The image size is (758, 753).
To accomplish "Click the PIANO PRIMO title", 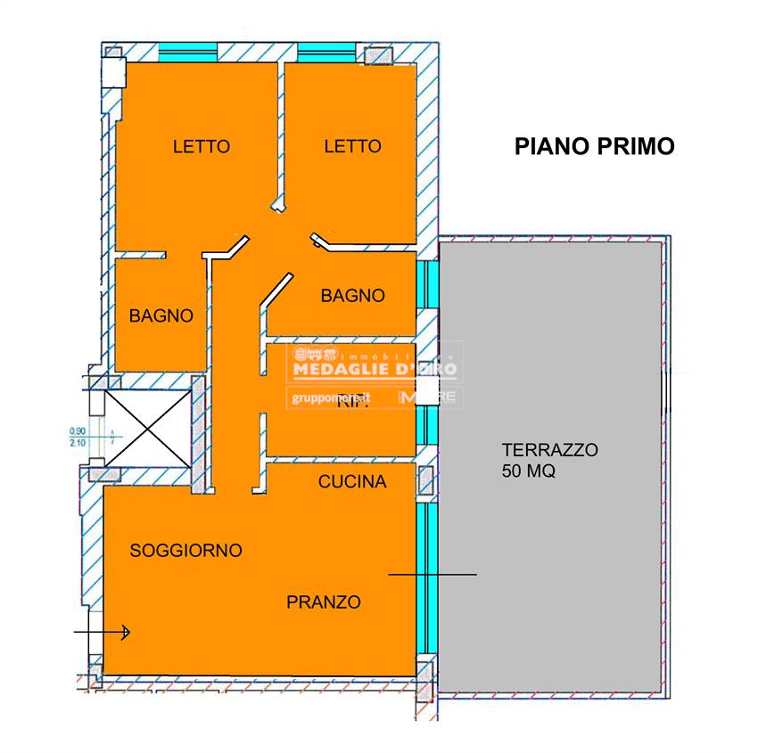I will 594,147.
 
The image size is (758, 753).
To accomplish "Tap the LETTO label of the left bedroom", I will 202,147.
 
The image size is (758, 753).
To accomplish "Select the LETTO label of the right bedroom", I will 352,147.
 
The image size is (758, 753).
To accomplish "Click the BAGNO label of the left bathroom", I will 161,315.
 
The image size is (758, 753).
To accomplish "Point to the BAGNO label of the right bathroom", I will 353,296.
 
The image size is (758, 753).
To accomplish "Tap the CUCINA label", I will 352,482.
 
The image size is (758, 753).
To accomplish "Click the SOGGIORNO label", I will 185,551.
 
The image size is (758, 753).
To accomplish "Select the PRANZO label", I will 324,602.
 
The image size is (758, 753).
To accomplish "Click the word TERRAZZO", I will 549,450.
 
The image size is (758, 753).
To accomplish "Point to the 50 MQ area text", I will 529,472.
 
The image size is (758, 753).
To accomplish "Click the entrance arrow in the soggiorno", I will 103,633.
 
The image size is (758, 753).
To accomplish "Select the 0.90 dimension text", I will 78,432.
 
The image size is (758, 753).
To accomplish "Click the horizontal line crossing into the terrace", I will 433,575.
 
